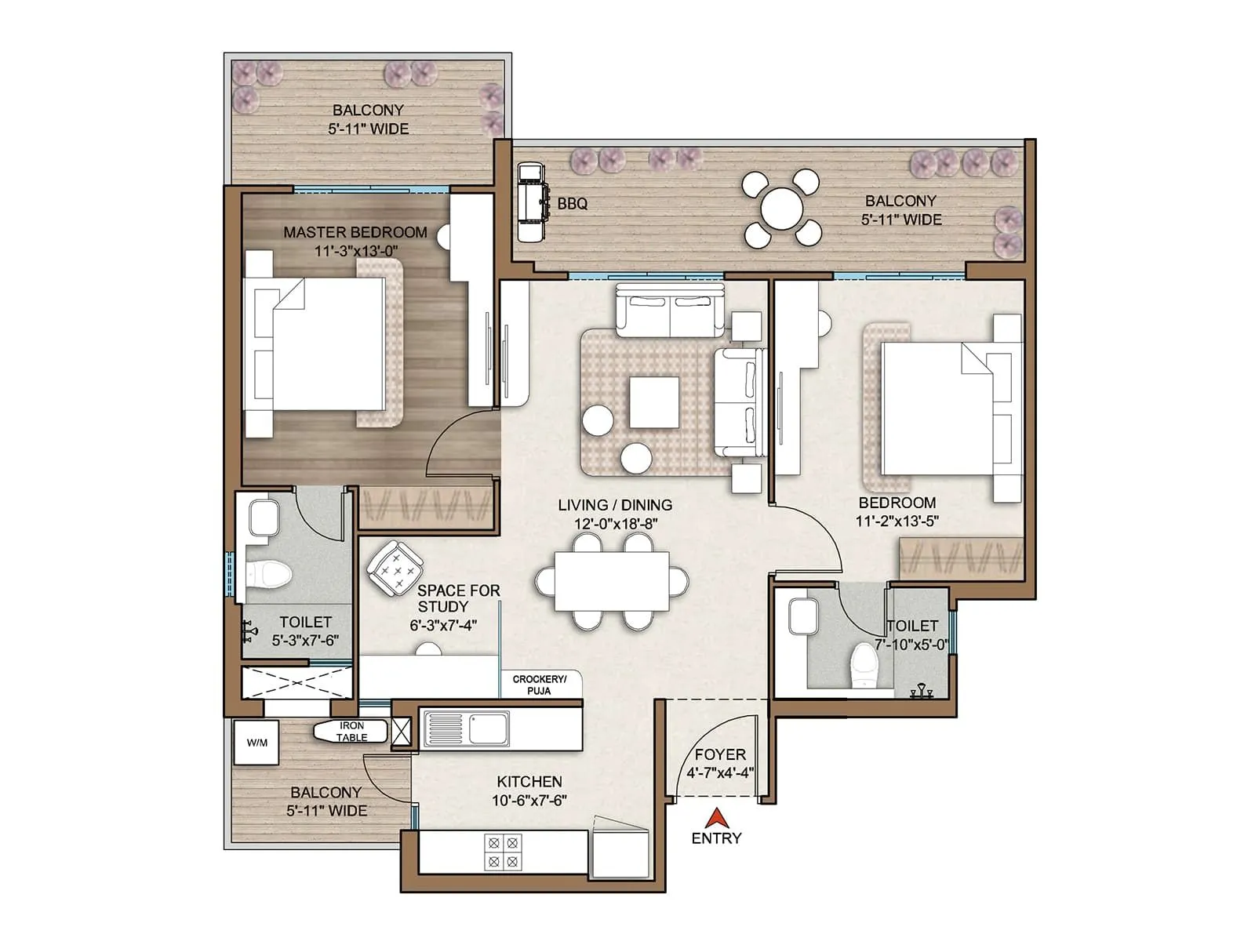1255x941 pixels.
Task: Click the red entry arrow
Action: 716,818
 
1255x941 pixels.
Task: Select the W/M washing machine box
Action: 256,742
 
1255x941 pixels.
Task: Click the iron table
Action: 351,732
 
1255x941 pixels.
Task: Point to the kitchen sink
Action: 466,728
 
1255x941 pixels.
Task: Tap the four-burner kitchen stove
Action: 503,852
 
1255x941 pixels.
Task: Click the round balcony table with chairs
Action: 781,209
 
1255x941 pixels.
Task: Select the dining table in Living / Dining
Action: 612,582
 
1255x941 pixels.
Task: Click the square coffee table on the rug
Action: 655,402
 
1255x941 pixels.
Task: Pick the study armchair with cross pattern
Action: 395,569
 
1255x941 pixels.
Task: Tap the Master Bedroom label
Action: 355,232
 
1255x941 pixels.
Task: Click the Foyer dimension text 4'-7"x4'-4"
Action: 720,773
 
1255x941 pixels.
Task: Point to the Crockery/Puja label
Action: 539,685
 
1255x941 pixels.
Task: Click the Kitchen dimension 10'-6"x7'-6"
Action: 529,800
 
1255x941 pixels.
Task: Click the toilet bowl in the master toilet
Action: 269,574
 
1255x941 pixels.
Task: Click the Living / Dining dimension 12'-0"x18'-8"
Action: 616,524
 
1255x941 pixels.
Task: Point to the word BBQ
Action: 573,203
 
